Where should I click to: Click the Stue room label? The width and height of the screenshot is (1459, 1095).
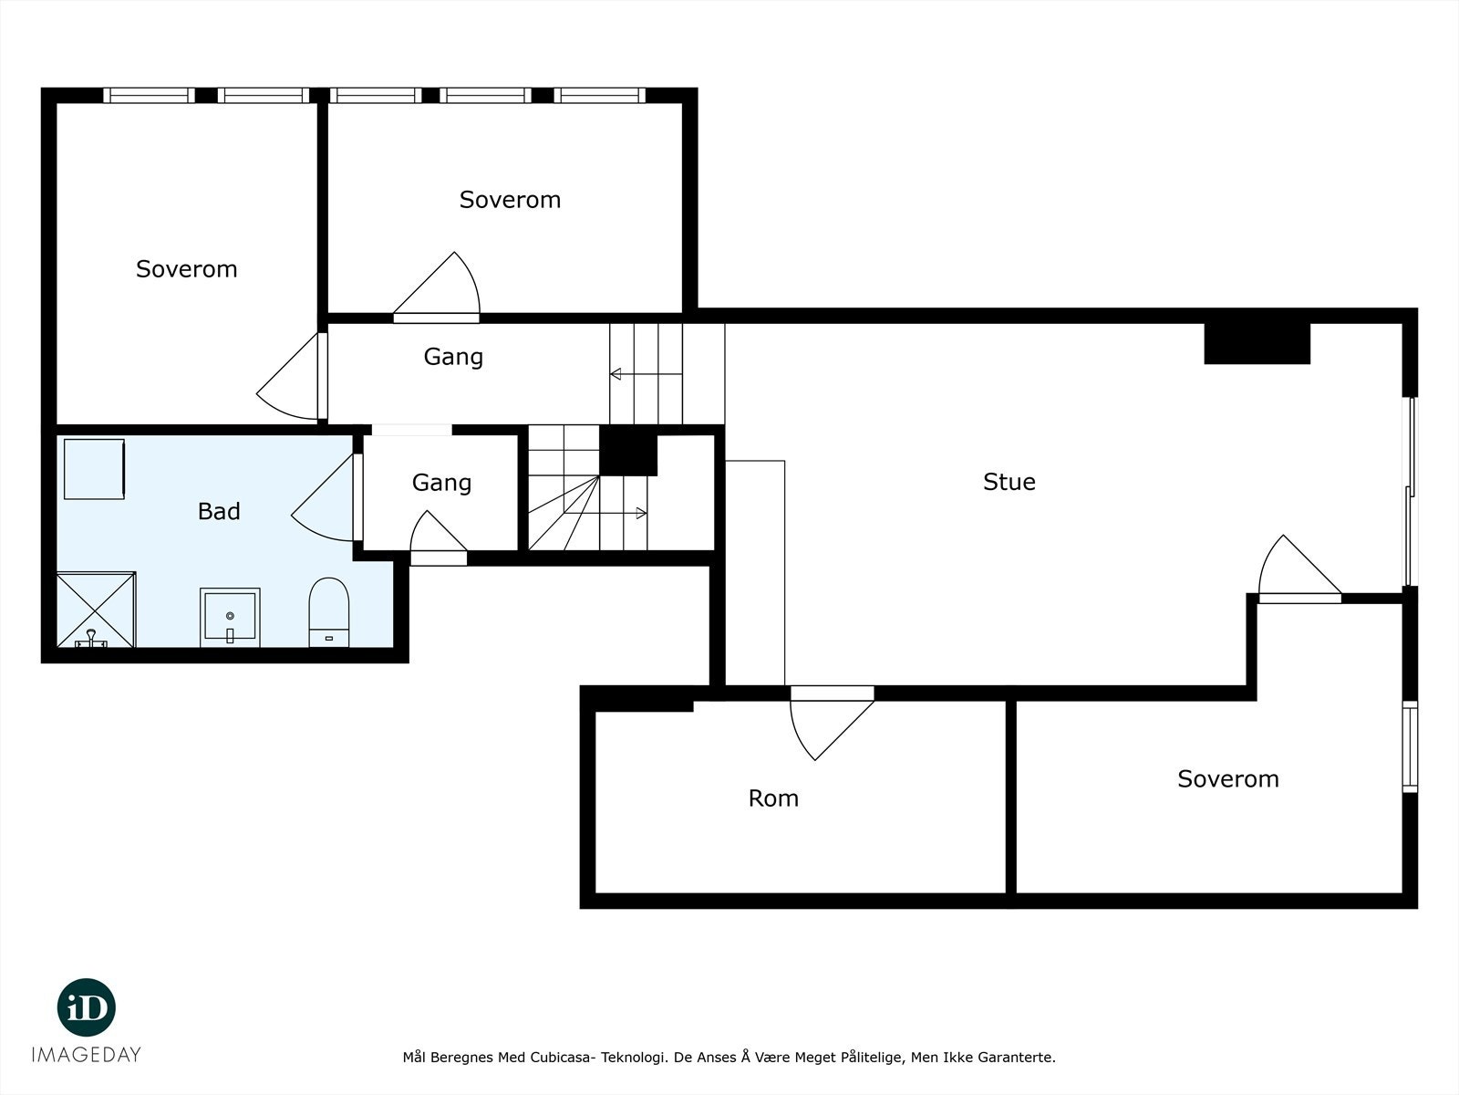[1009, 482]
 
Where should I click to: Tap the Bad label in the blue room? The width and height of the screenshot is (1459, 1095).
[219, 511]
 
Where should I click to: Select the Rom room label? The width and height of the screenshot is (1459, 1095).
[773, 798]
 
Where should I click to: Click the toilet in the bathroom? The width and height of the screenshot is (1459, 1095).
[329, 612]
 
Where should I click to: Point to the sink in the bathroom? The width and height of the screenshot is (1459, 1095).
[230, 618]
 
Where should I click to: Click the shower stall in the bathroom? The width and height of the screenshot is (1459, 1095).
[97, 610]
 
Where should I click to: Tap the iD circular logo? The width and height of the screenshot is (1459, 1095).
[87, 1007]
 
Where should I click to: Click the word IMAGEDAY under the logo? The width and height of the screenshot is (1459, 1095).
[87, 1055]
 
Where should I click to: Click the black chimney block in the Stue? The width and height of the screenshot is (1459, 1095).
[1257, 344]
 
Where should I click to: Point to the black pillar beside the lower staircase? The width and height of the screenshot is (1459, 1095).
[628, 451]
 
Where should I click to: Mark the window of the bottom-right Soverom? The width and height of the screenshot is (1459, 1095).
[1410, 746]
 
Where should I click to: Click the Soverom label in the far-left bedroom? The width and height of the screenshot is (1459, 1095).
[187, 268]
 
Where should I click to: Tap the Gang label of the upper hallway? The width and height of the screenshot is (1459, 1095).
[453, 357]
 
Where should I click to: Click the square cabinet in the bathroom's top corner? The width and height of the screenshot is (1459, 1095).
[95, 469]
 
